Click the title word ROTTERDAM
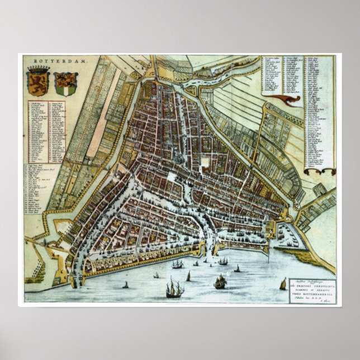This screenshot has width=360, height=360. click(50, 61)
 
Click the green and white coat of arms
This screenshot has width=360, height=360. click(67, 83)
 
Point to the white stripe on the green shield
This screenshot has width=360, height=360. click(67, 84)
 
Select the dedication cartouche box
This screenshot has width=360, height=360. click(312, 291)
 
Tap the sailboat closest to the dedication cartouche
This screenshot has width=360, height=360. click(283, 284)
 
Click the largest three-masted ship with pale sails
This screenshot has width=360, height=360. click(174, 288)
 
